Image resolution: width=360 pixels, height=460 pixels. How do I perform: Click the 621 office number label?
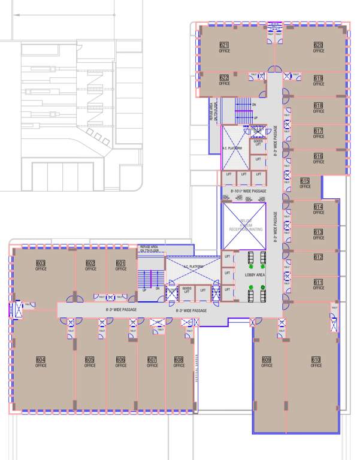point(224,46)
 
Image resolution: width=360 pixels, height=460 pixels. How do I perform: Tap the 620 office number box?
point(318,46)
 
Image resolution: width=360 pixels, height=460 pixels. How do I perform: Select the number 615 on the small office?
point(305,181)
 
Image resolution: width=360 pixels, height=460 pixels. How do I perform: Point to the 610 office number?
point(316,359)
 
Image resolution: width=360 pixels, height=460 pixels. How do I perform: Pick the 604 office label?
point(41,359)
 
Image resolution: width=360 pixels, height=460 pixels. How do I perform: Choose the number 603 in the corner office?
point(41,264)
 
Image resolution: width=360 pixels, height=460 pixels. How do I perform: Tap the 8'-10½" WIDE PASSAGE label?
point(248,191)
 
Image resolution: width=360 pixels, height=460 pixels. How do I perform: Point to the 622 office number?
point(224,78)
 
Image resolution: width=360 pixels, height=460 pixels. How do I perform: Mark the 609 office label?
point(267,359)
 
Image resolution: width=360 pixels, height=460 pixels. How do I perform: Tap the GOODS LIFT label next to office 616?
point(258,143)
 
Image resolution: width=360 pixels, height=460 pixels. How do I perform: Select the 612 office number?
point(317,257)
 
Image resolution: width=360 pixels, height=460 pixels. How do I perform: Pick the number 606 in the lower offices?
point(121,359)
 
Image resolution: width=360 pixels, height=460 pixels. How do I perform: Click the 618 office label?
point(318,105)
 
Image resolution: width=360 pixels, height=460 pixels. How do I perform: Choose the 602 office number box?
point(90,264)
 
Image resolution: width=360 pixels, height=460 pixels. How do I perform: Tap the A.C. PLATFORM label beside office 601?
point(192,266)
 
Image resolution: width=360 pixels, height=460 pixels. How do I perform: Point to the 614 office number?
point(317,207)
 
